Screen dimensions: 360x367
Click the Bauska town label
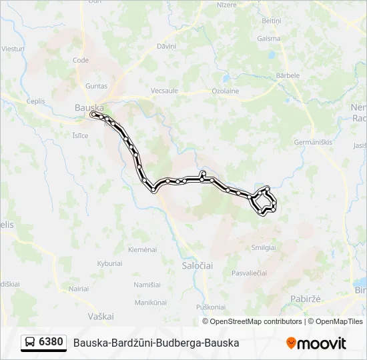coord(89,107)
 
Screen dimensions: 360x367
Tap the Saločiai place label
coord(198,265)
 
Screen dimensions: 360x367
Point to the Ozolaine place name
coord(225,91)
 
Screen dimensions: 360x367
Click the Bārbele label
coord(288,75)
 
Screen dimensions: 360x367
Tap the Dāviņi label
coord(165,46)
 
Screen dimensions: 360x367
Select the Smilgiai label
coord(264,247)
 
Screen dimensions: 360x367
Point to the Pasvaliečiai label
coord(249,273)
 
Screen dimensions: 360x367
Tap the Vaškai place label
coord(101,315)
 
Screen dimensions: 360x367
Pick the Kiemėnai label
coord(142,249)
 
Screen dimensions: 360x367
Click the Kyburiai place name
coord(110,264)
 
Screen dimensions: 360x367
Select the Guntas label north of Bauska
coord(96,86)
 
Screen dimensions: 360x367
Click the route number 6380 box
coord(51,342)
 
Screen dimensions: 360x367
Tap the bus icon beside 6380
coord(31,343)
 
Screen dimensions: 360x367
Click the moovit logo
coord(316,343)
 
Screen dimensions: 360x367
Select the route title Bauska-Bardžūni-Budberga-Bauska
coord(155,343)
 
